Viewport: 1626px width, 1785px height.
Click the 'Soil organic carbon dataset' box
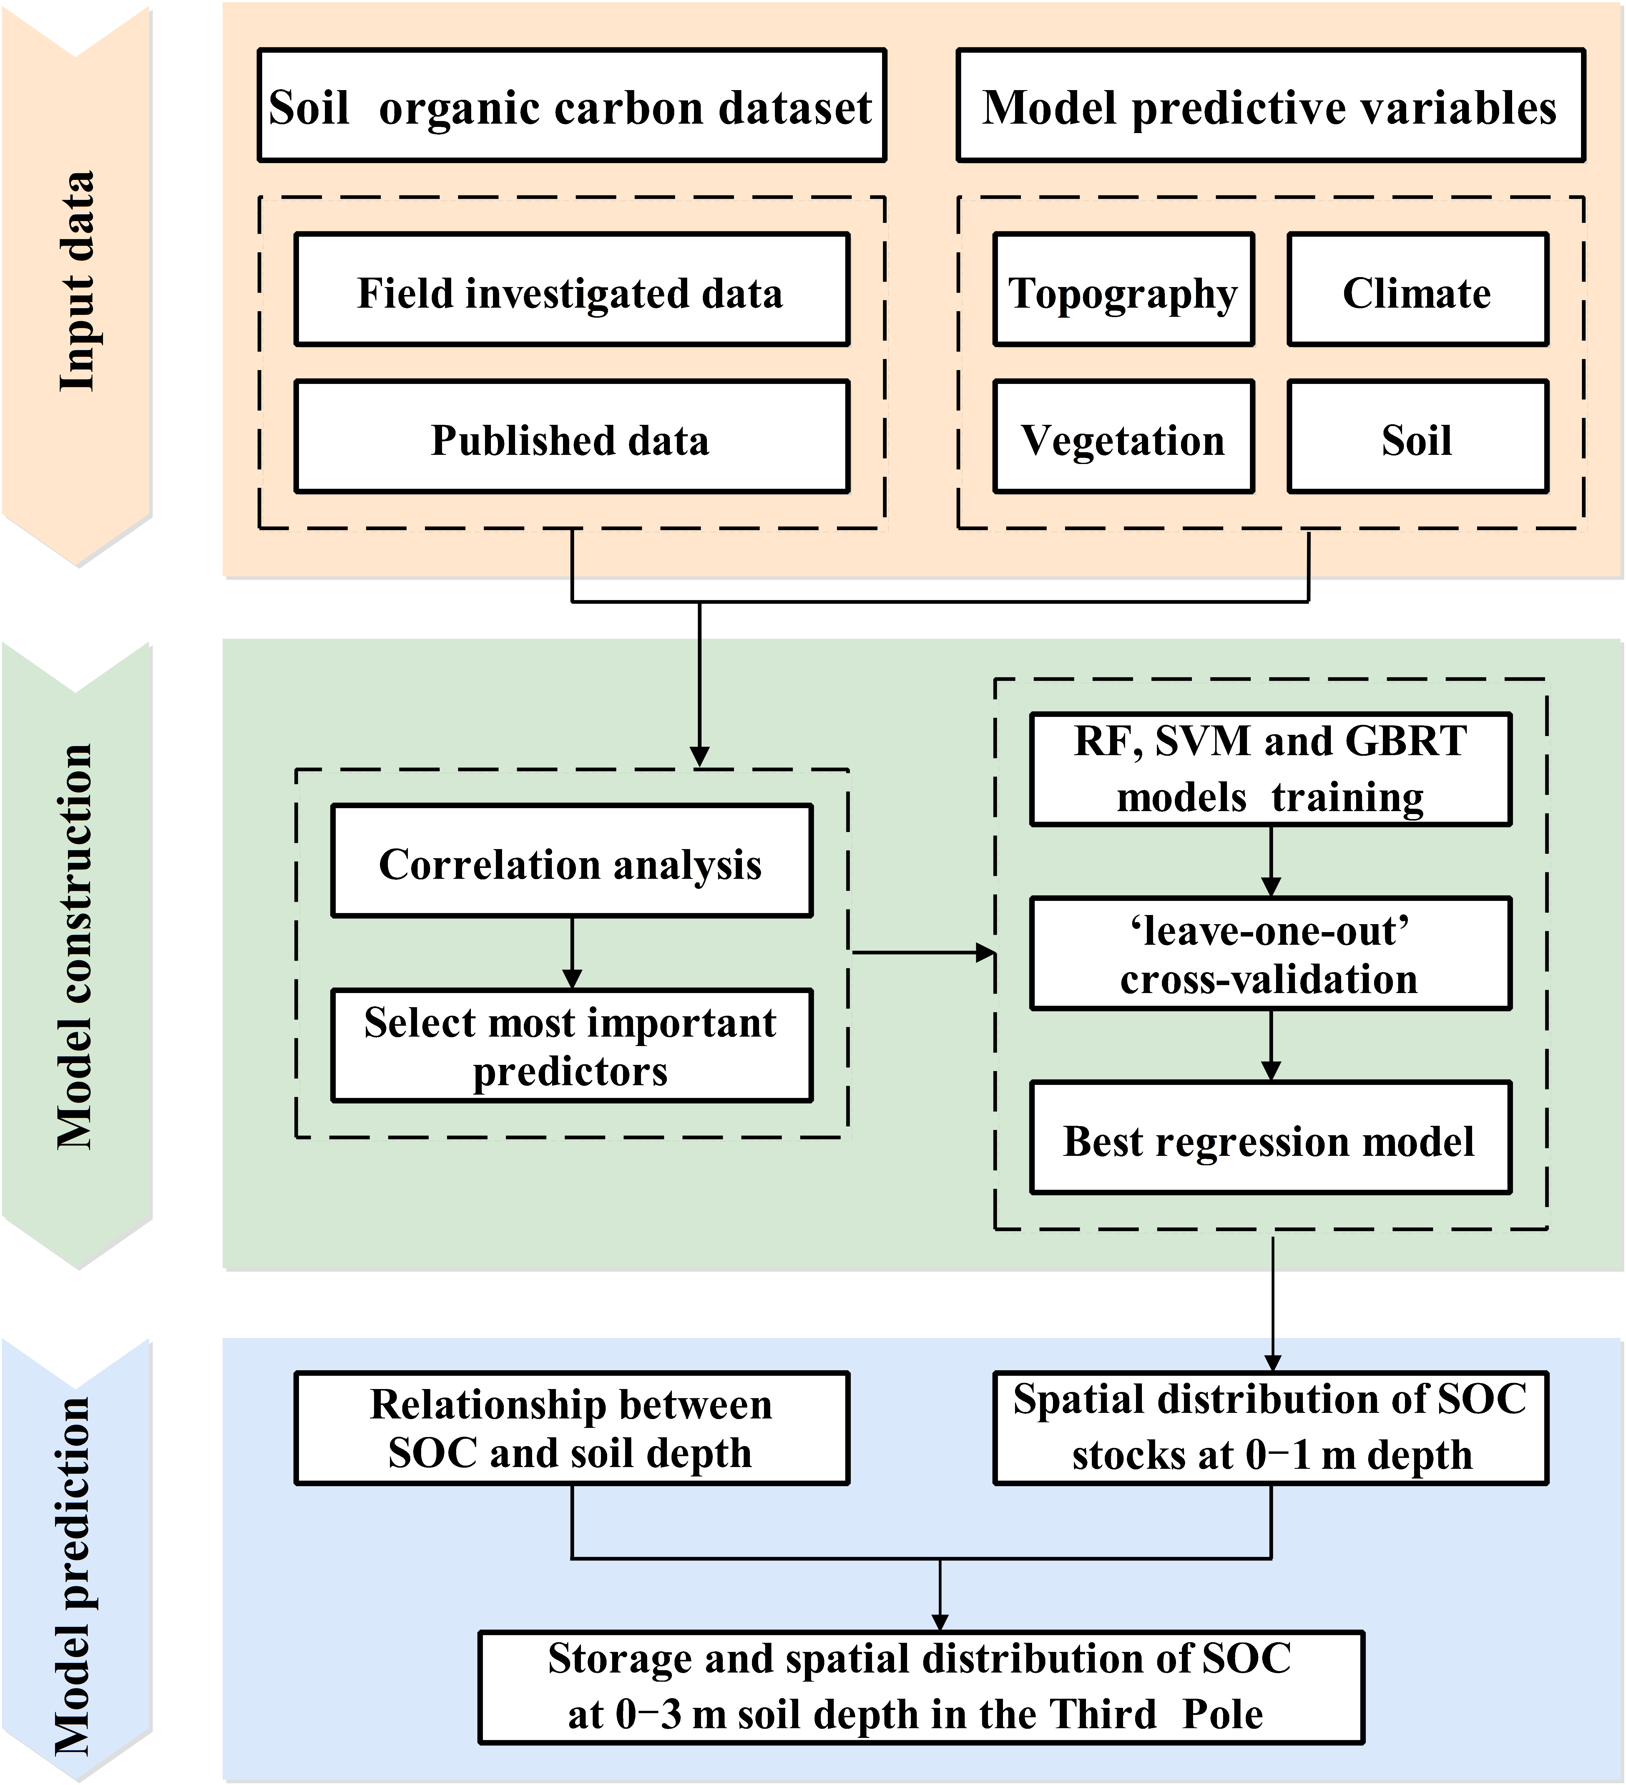(x=572, y=105)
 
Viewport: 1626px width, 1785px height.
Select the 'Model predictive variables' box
(x=1270, y=105)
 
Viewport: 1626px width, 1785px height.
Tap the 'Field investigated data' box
(x=572, y=289)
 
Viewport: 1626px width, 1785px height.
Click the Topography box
(x=1123, y=289)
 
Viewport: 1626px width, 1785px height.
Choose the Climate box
(x=1417, y=289)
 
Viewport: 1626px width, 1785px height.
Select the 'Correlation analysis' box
(x=572, y=861)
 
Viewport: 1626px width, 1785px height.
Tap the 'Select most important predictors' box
(x=572, y=1045)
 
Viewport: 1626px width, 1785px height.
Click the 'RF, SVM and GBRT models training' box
(x=1270, y=768)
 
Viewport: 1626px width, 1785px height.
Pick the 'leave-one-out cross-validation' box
(x=1270, y=954)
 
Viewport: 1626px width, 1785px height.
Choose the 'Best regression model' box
(x=1270, y=1138)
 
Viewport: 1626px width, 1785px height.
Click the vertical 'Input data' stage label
(x=77, y=281)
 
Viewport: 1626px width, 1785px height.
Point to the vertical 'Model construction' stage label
(x=77, y=947)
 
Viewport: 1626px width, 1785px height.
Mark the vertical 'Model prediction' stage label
(x=77, y=1576)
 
